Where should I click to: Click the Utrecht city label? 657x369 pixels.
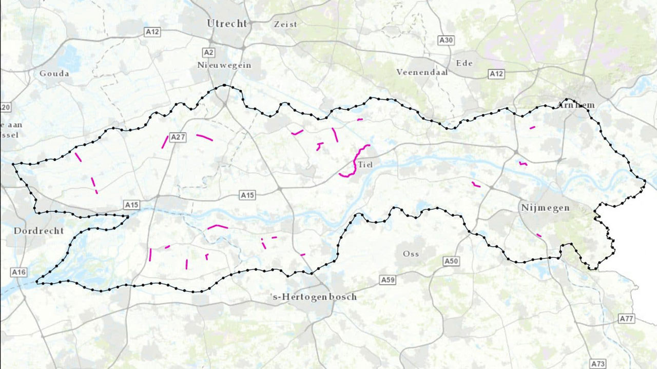tap(227, 24)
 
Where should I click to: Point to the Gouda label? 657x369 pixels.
tap(54, 73)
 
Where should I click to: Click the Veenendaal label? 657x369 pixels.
tap(422, 72)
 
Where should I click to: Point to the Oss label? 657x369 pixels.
tap(411, 254)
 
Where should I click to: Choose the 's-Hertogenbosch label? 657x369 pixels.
tap(313, 297)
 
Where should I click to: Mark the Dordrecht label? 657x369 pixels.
tap(39, 230)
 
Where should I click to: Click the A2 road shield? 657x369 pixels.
tap(208, 52)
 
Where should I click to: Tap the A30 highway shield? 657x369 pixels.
tap(446, 40)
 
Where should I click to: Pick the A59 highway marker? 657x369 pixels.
tap(388, 280)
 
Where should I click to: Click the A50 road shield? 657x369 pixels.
tap(451, 262)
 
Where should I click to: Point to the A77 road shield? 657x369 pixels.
tap(626, 319)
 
